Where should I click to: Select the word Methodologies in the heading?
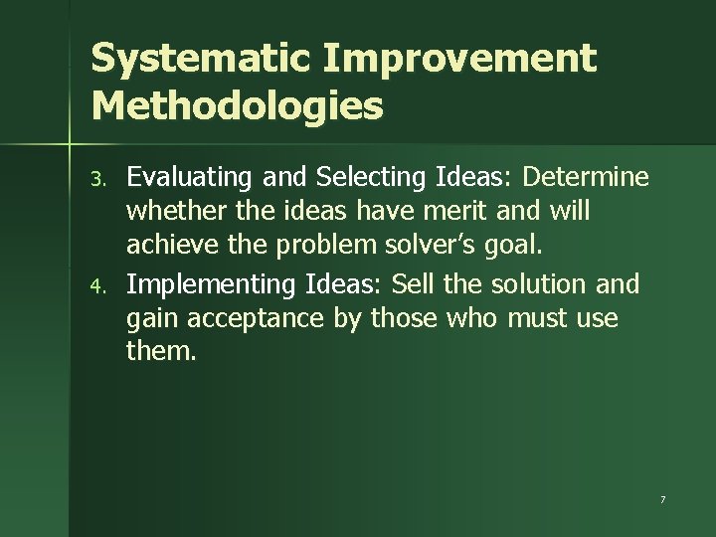coord(237,104)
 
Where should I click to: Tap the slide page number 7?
coord(661,496)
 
